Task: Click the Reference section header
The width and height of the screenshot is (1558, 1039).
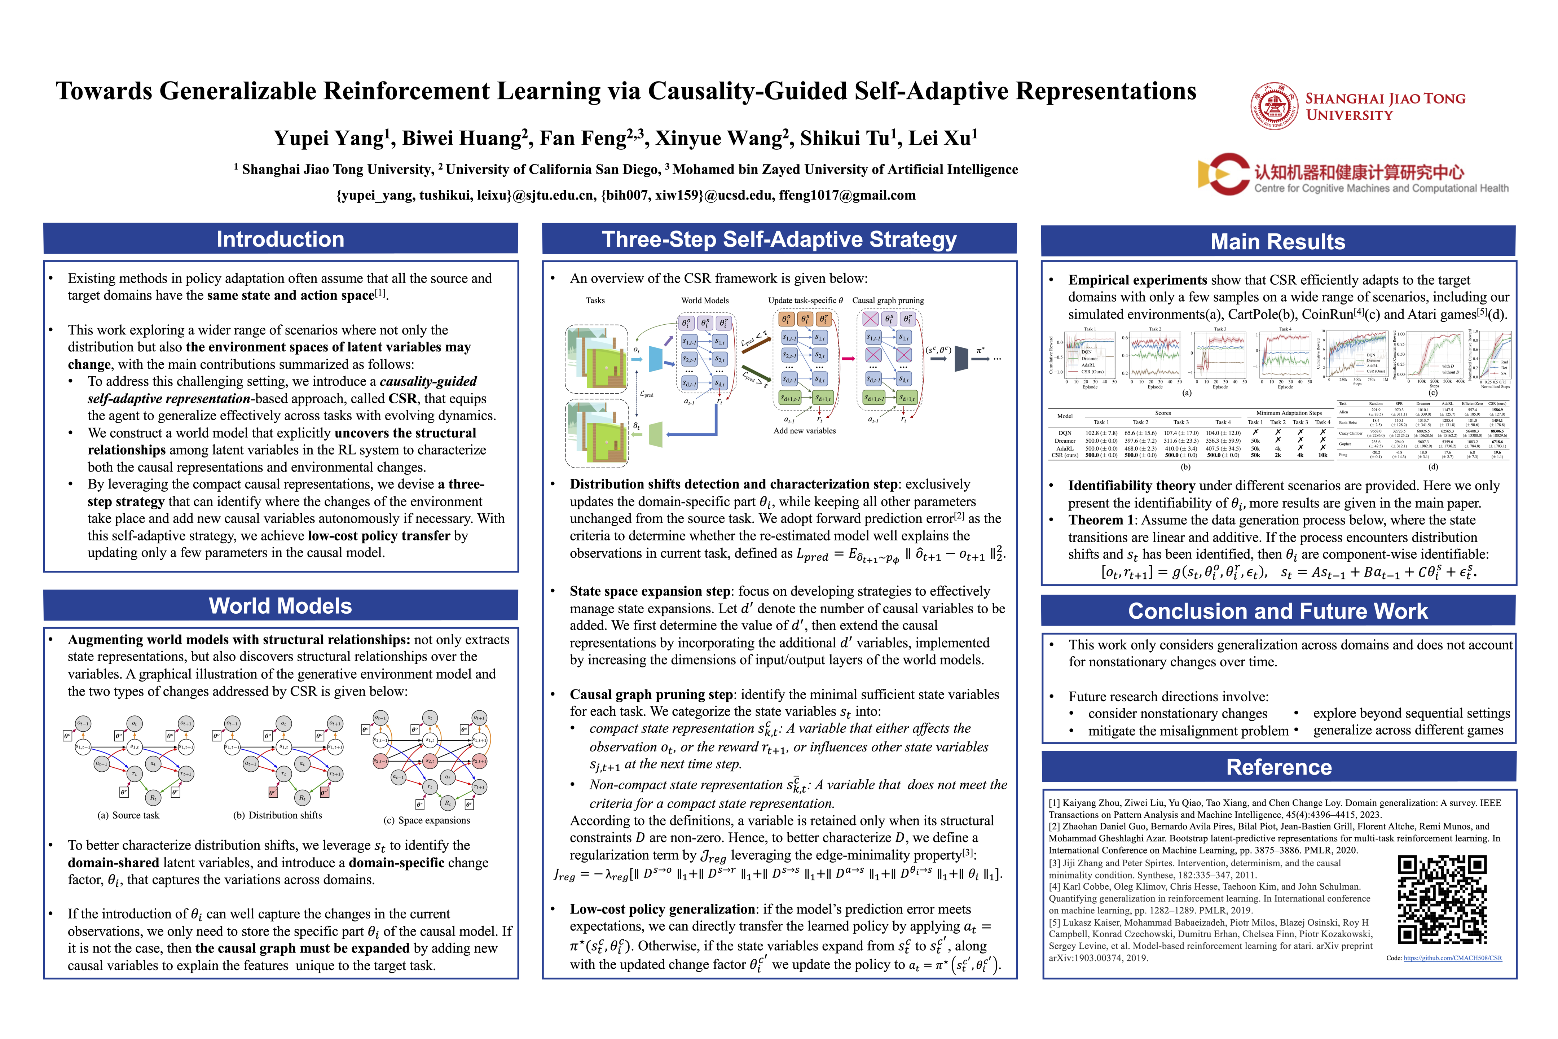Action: point(1278,767)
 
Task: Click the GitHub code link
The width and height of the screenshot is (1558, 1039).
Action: point(1452,958)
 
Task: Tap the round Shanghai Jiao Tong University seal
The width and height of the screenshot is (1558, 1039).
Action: point(1274,106)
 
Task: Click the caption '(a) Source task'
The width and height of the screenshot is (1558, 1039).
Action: point(128,815)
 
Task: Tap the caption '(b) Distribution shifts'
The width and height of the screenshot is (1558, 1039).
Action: point(278,815)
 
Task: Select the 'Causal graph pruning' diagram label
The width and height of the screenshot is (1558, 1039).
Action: point(888,300)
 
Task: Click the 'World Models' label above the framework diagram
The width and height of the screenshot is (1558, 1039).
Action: point(705,300)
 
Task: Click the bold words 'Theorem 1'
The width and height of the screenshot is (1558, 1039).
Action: point(1101,520)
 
